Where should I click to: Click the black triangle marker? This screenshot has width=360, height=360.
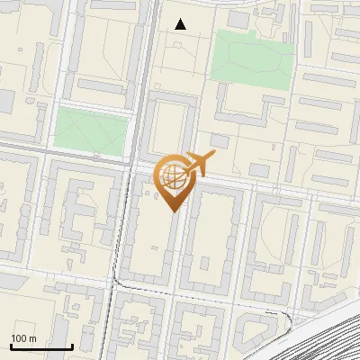click(x=181, y=24)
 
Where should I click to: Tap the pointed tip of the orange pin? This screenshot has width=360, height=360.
click(x=173, y=211)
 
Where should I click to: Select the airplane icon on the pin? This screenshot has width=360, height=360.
click(x=199, y=163)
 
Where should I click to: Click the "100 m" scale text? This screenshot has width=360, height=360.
click(x=23, y=338)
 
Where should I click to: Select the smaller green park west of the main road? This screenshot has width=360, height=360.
click(x=91, y=129)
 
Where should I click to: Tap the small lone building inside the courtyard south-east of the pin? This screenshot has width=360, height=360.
click(x=206, y=264)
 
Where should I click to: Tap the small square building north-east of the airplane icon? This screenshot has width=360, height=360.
click(x=259, y=168)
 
